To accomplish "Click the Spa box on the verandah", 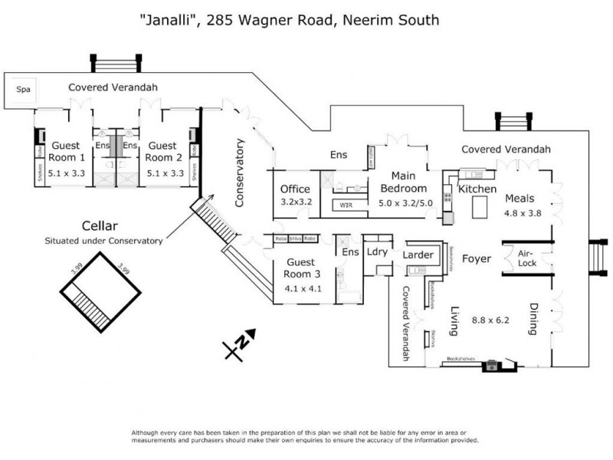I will point(25,89).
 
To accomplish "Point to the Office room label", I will point(294,189).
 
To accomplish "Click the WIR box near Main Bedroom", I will point(346,205).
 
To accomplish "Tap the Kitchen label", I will point(477,189).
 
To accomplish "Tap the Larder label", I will point(418,255).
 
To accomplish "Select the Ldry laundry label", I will point(377,251).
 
